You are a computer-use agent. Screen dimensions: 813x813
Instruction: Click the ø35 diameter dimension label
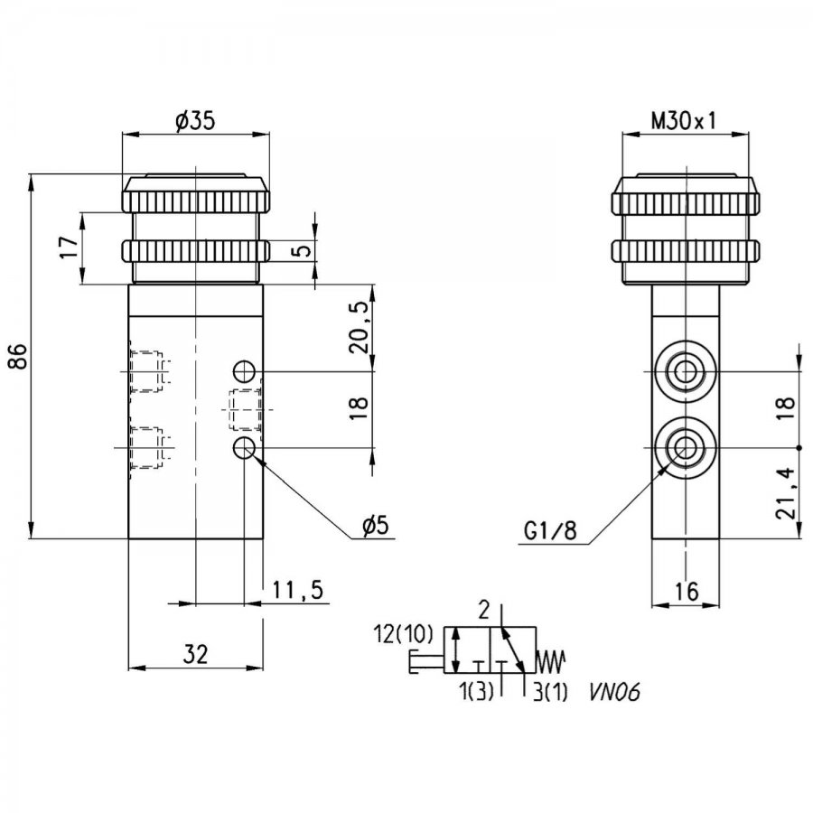(x=195, y=121)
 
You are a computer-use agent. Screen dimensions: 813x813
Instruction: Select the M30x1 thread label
(x=684, y=121)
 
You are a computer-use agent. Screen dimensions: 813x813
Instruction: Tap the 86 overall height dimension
(x=18, y=356)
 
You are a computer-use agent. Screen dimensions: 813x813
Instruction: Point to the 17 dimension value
(x=70, y=248)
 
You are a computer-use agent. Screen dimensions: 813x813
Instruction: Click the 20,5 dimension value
(x=360, y=327)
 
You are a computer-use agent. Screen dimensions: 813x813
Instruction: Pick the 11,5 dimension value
(x=297, y=590)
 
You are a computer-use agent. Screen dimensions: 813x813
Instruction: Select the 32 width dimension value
(x=195, y=654)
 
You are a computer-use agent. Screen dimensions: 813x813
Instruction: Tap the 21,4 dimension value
(x=786, y=493)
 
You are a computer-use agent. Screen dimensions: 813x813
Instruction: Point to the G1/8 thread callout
(x=549, y=530)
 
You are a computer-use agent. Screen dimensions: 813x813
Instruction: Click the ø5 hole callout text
(x=376, y=527)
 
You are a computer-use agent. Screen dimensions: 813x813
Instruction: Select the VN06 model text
(x=614, y=693)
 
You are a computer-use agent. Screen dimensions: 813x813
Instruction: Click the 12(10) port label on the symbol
(x=403, y=634)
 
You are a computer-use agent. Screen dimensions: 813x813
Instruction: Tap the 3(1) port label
(x=550, y=693)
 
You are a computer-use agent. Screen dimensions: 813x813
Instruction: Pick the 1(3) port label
(x=476, y=692)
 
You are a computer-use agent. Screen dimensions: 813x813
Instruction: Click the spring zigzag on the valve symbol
(x=550, y=661)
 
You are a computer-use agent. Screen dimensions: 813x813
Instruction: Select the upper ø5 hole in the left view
(x=244, y=371)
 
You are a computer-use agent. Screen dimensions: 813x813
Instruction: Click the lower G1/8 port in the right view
(x=686, y=447)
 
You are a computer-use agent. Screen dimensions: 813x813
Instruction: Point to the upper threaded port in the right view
(x=686, y=371)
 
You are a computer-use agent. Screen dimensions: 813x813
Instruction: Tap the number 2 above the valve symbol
(x=483, y=612)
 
